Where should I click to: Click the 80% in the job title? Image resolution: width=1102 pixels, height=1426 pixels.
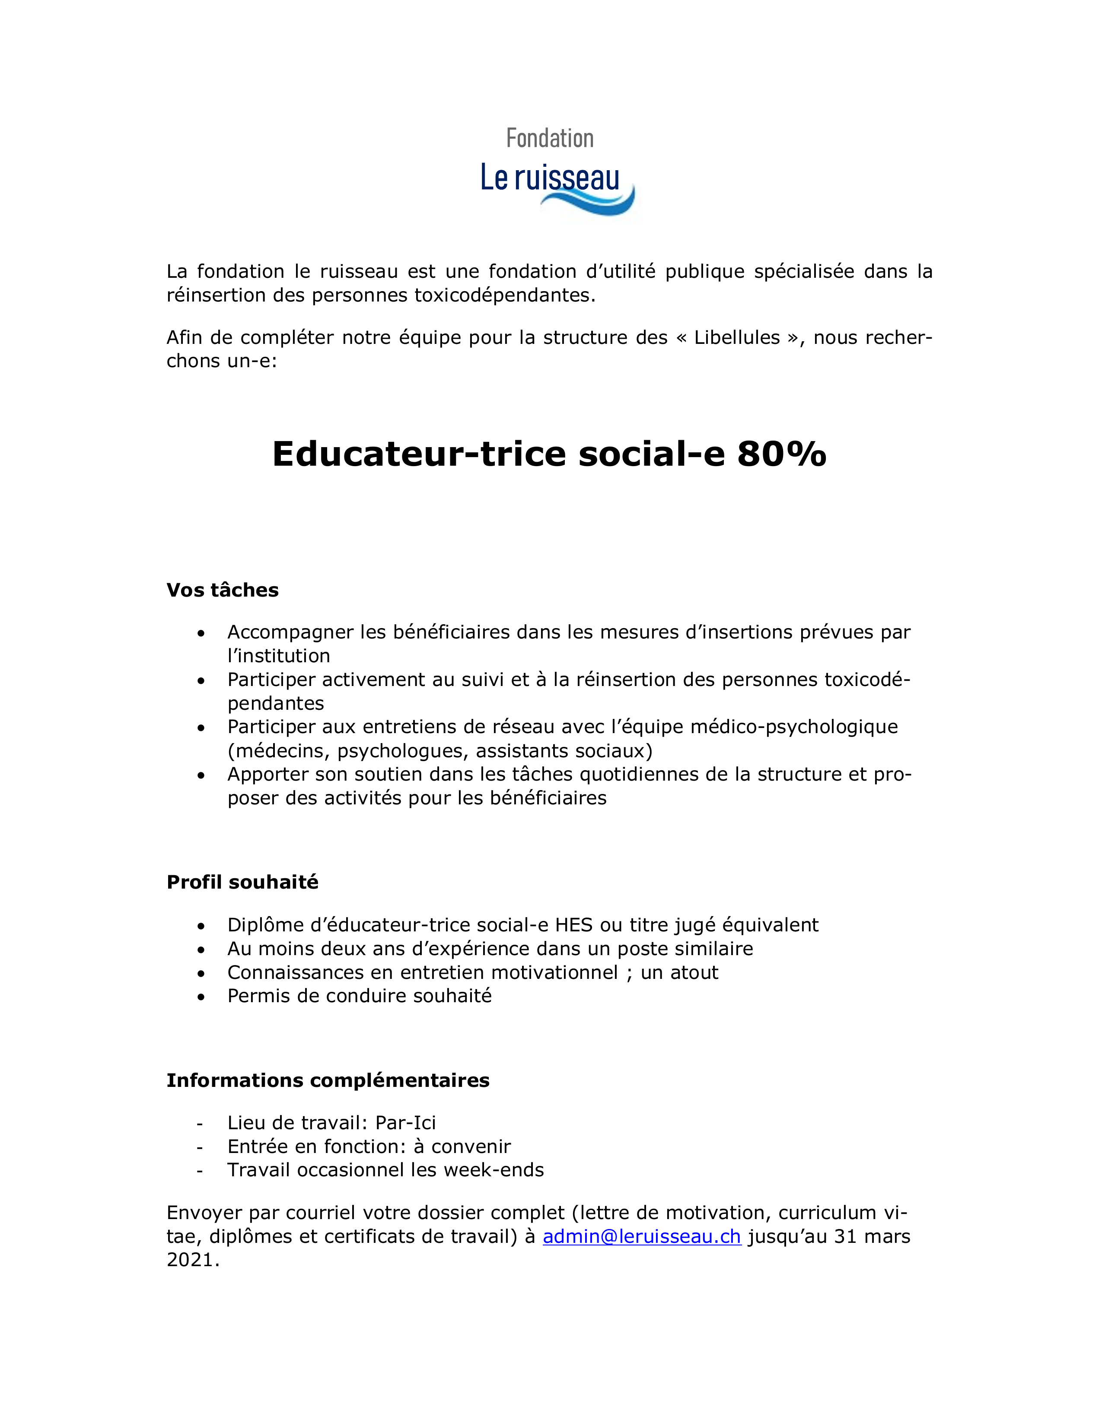781,453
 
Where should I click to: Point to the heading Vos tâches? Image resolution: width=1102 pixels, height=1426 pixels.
223,590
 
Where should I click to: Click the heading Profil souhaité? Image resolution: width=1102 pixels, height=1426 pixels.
242,882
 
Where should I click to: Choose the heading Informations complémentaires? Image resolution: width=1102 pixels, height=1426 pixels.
328,1080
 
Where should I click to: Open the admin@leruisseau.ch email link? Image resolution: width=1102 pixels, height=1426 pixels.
641,1236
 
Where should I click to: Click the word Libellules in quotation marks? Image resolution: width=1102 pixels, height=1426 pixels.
737,337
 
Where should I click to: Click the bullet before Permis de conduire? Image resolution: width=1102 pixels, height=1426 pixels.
201,996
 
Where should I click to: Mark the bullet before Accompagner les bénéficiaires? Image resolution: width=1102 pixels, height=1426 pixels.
201,633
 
